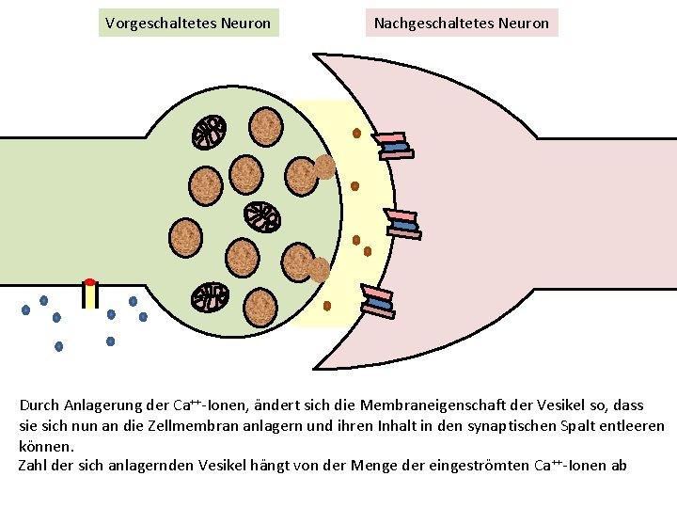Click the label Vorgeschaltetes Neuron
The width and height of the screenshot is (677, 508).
tap(188, 23)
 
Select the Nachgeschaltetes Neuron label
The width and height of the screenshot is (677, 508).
tap(461, 23)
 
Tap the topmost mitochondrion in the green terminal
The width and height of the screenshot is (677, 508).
tap(210, 133)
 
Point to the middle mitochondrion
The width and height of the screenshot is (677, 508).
tap(262, 217)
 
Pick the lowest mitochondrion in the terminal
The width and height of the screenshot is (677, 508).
tap(211, 297)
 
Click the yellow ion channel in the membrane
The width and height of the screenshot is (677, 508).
tap(89, 295)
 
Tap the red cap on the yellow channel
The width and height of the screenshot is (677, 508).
tap(89, 281)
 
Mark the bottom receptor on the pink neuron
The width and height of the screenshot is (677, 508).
tap(378, 301)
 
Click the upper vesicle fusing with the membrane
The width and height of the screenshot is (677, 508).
tap(324, 167)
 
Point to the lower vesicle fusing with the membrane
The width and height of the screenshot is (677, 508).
tap(320, 270)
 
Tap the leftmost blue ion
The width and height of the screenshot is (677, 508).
tap(25, 310)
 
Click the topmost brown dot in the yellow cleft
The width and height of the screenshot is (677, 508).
tap(357, 133)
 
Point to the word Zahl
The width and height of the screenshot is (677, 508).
tap(34, 466)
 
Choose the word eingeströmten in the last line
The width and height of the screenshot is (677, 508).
tap(483, 466)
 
